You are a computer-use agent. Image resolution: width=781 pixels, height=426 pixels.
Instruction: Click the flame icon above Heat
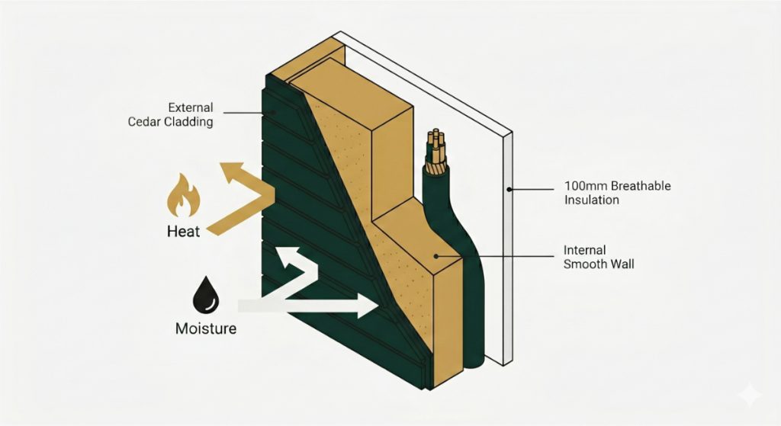point(183,196)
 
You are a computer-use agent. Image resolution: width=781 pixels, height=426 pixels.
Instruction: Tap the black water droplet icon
point(204,294)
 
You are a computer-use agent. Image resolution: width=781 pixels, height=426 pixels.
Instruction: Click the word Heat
point(183,231)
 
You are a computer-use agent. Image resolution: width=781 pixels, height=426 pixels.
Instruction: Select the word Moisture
point(205,329)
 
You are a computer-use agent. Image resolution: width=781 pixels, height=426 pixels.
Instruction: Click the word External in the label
point(190,107)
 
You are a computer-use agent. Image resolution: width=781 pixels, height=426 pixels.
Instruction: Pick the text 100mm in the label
point(583,185)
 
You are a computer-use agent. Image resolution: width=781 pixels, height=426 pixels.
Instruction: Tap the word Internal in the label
point(585,249)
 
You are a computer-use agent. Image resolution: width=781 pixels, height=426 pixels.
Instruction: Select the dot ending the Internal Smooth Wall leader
point(435,257)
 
